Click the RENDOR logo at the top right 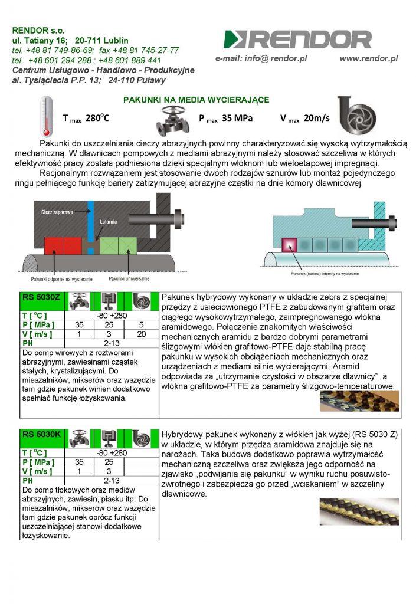298,39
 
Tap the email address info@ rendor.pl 261,59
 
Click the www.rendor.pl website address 368,59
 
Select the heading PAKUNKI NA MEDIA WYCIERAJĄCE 196,100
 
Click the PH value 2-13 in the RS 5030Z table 111,343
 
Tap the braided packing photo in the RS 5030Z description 359,401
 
